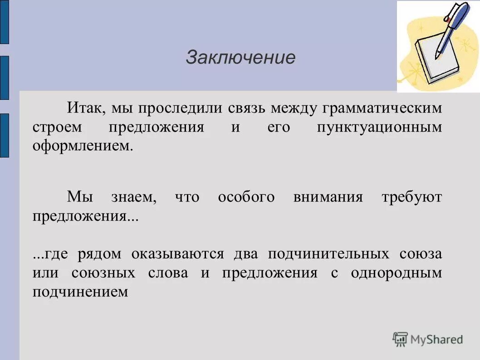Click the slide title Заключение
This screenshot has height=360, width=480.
(240, 58)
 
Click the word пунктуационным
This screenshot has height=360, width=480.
(379, 128)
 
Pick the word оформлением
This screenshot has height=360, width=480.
(83, 147)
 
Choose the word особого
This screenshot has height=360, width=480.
(246, 197)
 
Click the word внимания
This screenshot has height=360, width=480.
(328, 197)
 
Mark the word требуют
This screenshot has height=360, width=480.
(411, 197)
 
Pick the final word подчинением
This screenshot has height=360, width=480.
(81, 292)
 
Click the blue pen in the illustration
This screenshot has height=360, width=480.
(454, 27)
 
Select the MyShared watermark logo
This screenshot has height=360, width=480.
(428, 339)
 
